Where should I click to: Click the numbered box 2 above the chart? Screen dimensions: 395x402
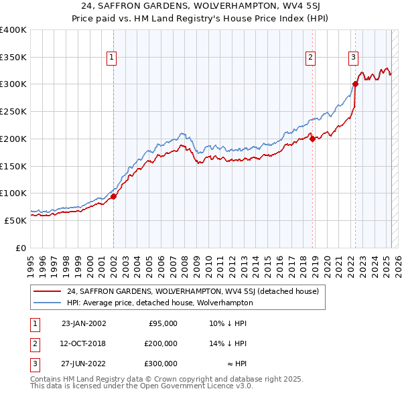coord(311,58)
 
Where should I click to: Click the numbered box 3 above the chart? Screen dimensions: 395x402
coord(353,58)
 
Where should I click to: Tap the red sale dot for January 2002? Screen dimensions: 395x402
coord(113,196)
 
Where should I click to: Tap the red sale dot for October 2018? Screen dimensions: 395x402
coord(313,139)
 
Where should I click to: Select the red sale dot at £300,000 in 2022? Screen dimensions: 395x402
coord(356,84)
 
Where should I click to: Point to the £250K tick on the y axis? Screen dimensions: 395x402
coord(13,112)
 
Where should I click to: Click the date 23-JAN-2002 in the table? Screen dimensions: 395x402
coord(84,323)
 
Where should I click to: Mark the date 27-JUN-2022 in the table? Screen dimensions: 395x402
coord(84,364)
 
